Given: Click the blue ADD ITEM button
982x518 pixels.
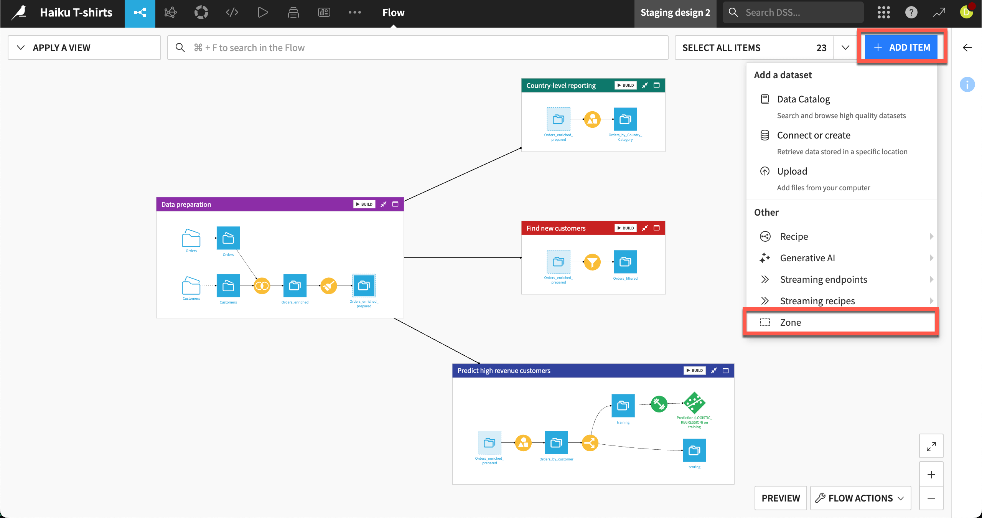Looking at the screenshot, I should tap(901, 48).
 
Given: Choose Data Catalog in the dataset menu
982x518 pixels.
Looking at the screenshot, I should tap(803, 99).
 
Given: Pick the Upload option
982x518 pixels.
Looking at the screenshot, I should tap(792, 172).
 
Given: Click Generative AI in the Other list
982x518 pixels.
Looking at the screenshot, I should tap(807, 258).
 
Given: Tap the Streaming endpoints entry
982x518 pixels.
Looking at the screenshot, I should tap(823, 280).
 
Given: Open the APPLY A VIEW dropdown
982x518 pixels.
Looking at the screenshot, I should tap(84, 48).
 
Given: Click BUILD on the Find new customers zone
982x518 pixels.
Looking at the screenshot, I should tap(625, 228).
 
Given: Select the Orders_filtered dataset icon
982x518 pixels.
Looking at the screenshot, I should tap(625, 262).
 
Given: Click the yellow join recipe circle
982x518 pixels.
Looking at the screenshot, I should tap(262, 286).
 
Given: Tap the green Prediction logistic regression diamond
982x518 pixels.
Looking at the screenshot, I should tap(694, 403).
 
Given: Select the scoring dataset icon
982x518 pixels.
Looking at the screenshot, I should tap(694, 450).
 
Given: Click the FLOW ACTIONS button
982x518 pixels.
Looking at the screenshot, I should tap(860, 498).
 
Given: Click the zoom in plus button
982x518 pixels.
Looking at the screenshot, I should tap(931, 475).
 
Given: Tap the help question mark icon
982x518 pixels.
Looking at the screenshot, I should tap(911, 13).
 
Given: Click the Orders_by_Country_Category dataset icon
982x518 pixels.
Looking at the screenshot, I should tap(625, 119).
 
